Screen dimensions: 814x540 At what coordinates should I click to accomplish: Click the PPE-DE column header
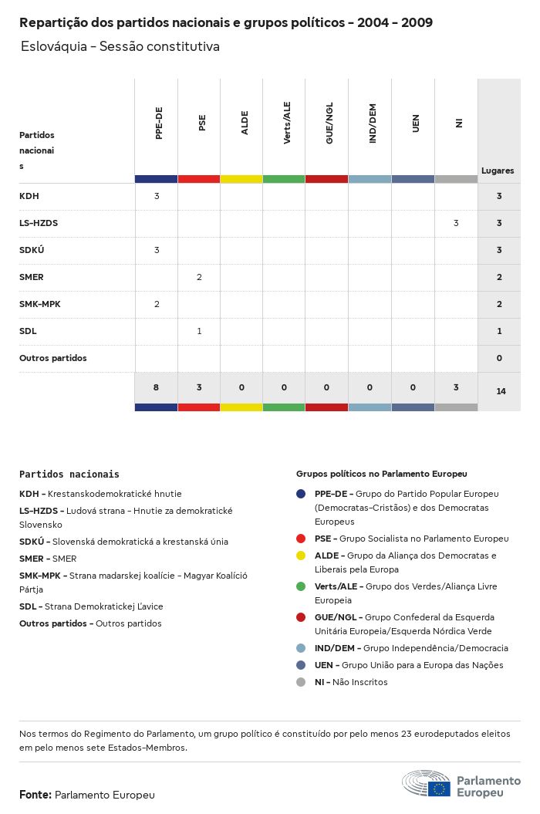pos(159,123)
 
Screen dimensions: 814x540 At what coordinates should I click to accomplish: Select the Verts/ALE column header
pos(287,123)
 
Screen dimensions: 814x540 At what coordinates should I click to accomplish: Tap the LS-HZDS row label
pos(39,223)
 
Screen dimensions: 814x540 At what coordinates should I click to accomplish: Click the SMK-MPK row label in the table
pos(40,304)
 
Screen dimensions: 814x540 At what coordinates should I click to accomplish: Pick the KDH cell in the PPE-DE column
pos(157,196)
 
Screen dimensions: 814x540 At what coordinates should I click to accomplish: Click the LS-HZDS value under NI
pos(456,223)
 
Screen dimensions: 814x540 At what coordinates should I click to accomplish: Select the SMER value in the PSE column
pos(199,277)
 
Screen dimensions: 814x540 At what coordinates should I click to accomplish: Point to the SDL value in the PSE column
pos(199,331)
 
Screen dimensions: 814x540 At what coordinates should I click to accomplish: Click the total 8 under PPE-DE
pos(156,387)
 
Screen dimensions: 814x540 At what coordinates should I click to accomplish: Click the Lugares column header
pos(498,171)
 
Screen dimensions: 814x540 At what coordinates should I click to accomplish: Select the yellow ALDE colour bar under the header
pos(241,179)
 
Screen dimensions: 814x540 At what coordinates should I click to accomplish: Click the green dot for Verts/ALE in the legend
pos(301,586)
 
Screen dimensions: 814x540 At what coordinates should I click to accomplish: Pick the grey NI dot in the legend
pos(301,682)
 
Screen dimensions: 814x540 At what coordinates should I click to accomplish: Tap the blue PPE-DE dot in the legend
pos(301,494)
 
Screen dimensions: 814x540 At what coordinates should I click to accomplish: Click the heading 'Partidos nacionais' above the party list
pos(69,475)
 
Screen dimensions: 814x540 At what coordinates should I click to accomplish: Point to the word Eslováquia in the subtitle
pos(53,46)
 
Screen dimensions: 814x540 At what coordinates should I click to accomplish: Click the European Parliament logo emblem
pos(426,783)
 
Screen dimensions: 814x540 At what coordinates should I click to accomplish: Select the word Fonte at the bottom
pos(35,795)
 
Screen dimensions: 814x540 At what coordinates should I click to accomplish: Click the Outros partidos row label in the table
pos(53,358)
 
